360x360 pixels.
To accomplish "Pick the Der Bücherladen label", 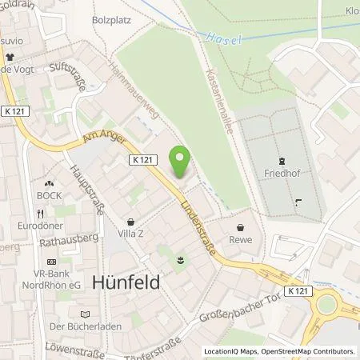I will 78,326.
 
